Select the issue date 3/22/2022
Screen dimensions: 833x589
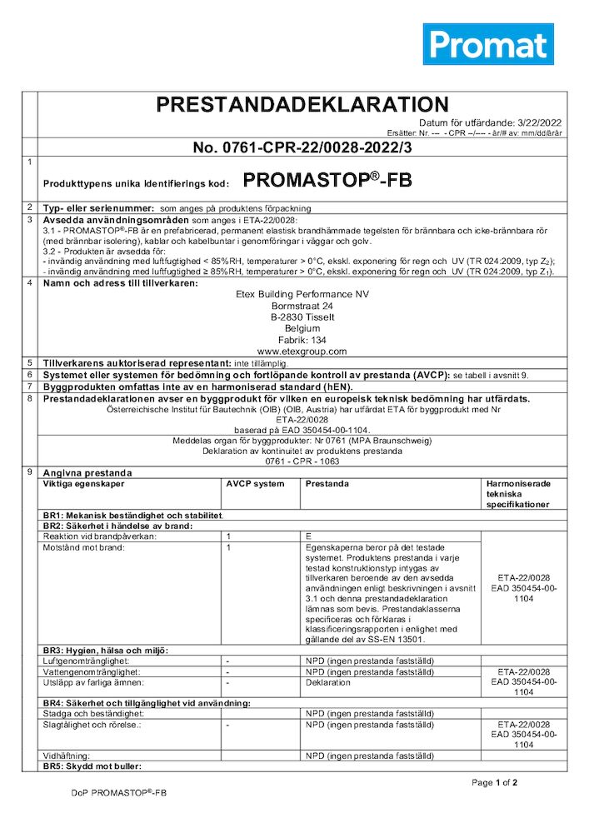coord(537,122)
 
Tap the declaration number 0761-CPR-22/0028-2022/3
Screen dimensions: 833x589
coord(302,147)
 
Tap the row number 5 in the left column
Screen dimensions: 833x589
coord(30,363)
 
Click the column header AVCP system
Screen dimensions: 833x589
coord(250,484)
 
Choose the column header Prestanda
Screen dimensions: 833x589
coord(327,484)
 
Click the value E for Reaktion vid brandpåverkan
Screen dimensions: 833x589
coord(309,536)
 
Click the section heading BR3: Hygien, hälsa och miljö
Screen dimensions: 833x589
coord(106,650)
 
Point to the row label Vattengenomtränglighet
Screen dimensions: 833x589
coord(92,671)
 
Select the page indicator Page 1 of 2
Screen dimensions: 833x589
coord(494,783)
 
